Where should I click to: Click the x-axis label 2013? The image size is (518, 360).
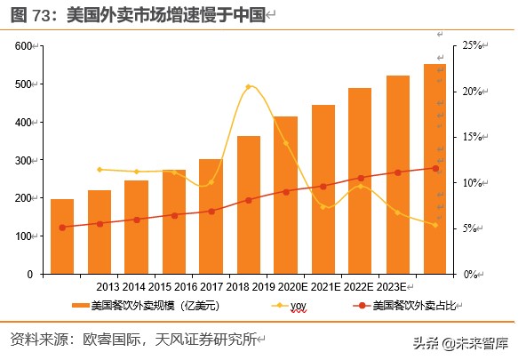[x=108, y=287]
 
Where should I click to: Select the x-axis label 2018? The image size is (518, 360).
[x=238, y=287]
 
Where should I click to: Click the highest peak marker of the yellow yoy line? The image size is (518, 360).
[x=249, y=87]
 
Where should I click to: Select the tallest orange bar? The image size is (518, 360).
[x=434, y=169]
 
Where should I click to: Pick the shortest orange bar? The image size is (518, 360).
[x=62, y=236]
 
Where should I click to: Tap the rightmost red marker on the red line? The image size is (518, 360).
[x=435, y=168]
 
